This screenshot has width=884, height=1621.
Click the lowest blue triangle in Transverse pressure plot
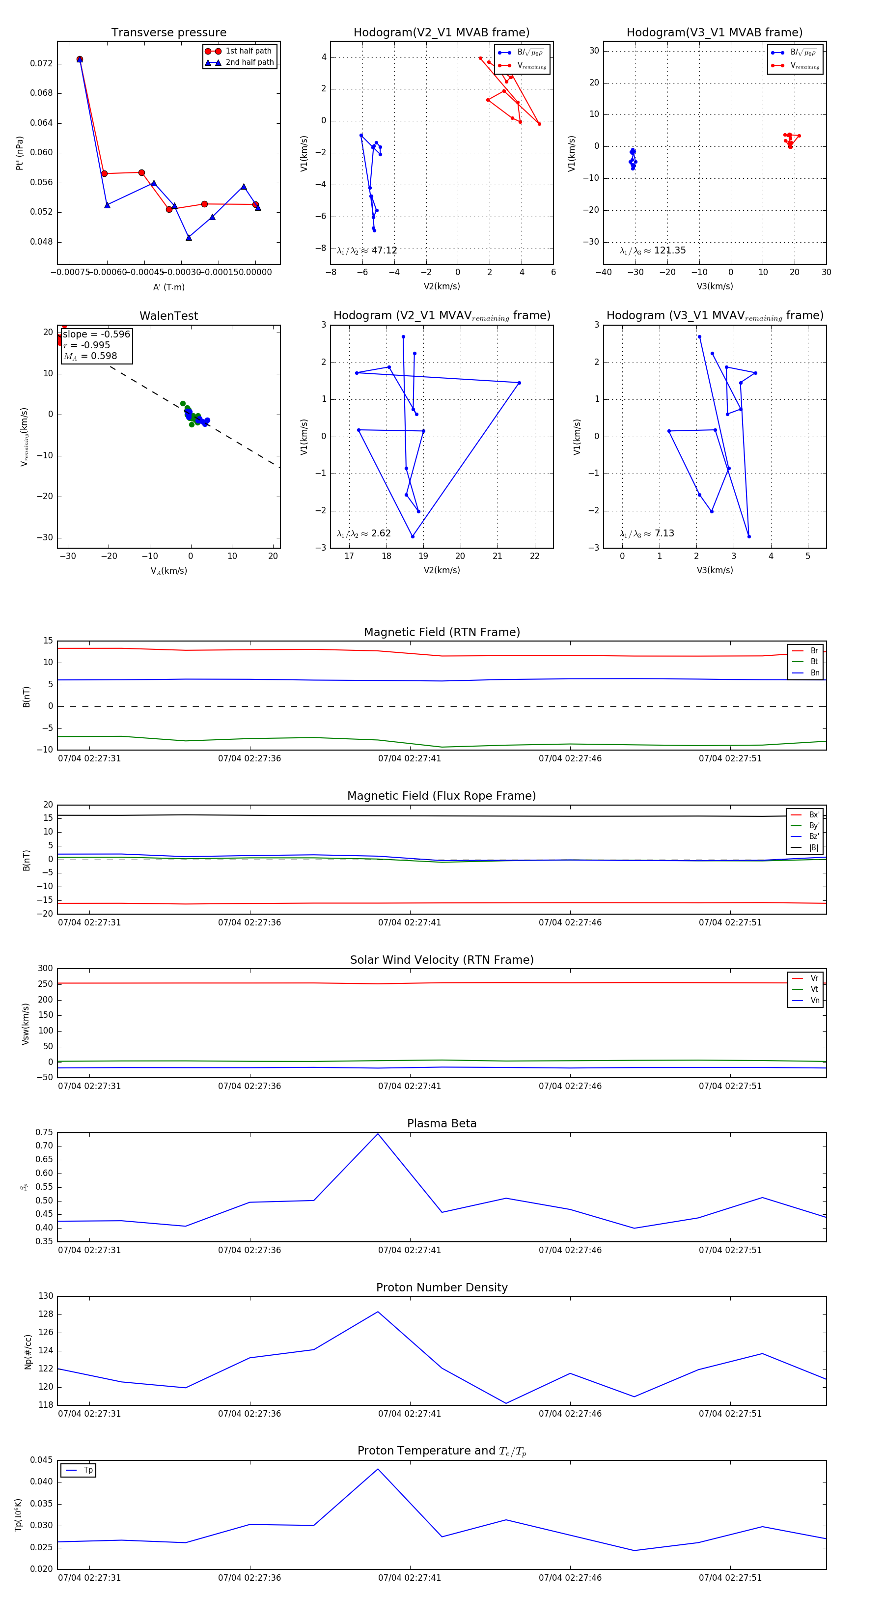(x=189, y=237)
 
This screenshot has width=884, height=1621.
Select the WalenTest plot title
(x=168, y=316)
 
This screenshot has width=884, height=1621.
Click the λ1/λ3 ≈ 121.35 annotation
(x=653, y=251)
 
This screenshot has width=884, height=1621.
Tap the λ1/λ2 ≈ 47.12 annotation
(x=367, y=251)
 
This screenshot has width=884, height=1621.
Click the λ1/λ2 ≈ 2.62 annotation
(x=363, y=533)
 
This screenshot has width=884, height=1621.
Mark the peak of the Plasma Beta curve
(x=378, y=1134)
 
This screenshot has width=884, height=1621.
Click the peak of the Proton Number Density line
(x=378, y=1312)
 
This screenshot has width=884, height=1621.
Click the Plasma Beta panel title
(x=442, y=1124)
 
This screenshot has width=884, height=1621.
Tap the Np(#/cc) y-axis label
(x=28, y=1352)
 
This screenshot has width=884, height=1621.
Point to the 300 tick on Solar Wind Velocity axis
(x=45, y=969)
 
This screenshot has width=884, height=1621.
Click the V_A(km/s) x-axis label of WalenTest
(x=168, y=571)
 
